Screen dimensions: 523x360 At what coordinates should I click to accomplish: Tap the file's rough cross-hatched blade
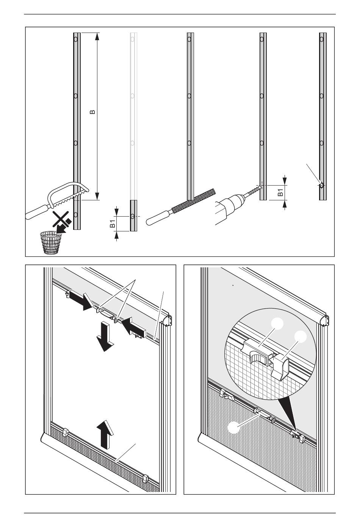pyautogui.click(x=193, y=200)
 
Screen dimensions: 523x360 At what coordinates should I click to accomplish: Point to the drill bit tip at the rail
pyautogui.click(x=260, y=186)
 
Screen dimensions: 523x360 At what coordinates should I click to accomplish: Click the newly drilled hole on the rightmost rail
pyautogui.click(x=321, y=186)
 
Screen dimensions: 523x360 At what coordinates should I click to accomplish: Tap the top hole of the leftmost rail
pyautogui.click(x=76, y=39)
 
